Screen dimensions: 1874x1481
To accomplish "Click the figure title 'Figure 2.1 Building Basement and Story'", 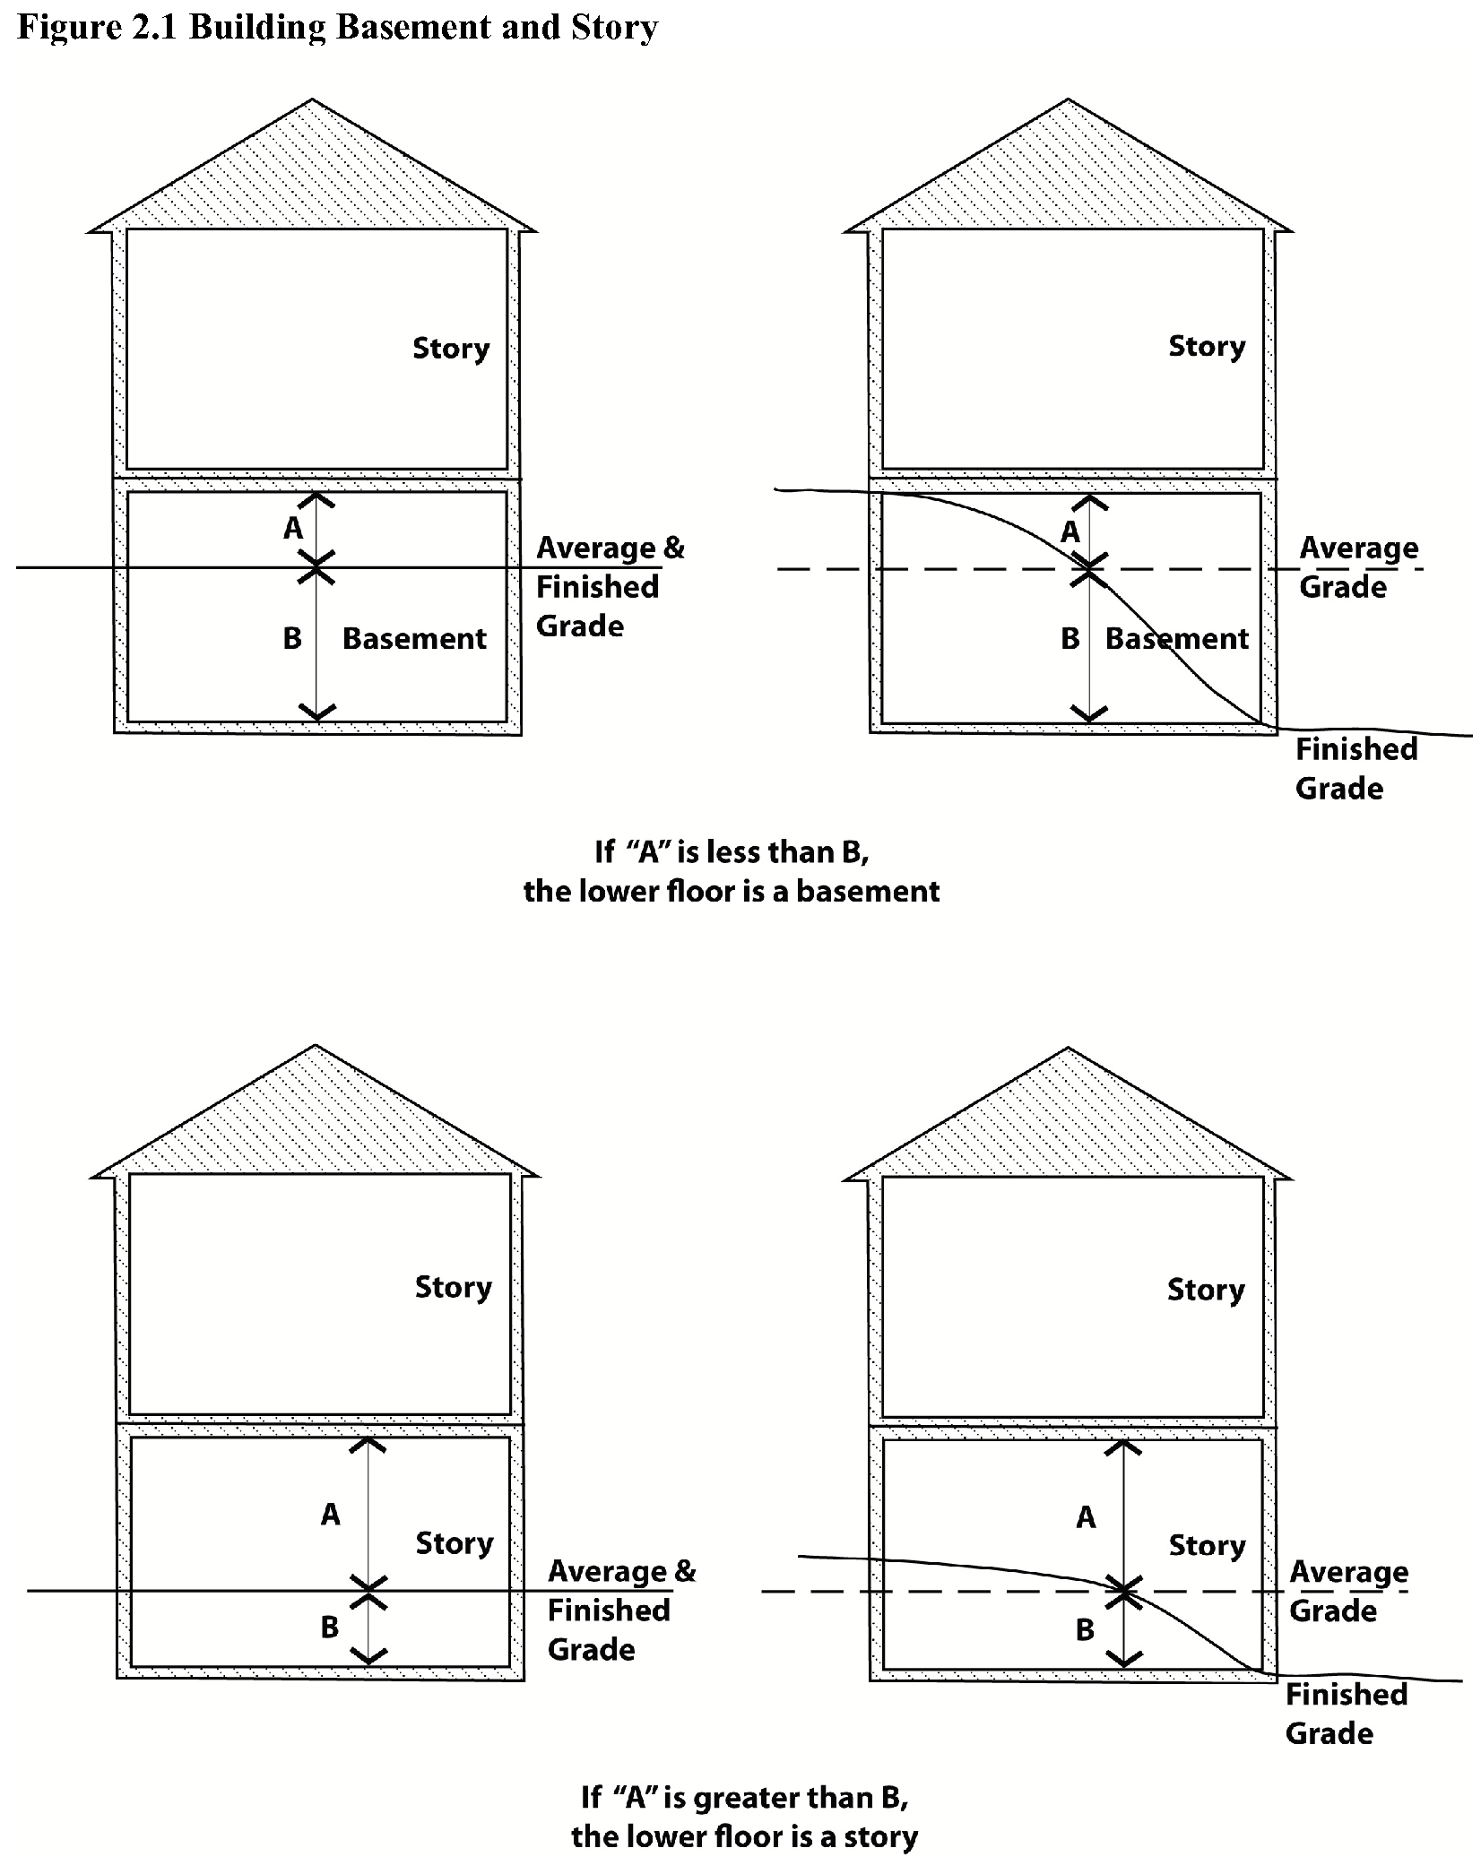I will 337,27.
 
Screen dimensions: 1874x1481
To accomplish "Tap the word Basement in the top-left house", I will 414,638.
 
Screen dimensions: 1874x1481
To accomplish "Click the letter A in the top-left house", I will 293,529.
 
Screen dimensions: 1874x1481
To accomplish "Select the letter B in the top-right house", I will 1070,638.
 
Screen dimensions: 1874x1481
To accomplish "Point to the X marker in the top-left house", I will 316,567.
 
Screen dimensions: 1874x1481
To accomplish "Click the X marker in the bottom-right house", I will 1123,1592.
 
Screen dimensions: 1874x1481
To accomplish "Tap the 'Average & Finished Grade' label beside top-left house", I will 610,586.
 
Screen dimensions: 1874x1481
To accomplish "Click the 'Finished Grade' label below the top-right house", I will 1355,768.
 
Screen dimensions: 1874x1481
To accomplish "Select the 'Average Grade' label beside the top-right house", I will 1357,566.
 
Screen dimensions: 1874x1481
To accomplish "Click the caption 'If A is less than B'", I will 732,851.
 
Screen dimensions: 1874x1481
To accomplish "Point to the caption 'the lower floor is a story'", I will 744,1836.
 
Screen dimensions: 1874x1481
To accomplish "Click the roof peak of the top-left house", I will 313,101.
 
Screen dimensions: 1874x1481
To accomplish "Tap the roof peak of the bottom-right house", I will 1068,1049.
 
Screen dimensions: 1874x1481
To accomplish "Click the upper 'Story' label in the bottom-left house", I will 453,1287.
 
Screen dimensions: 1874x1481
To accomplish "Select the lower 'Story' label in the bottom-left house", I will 454,1543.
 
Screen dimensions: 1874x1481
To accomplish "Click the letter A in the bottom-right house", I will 1086,1517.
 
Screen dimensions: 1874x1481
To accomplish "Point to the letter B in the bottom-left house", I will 330,1627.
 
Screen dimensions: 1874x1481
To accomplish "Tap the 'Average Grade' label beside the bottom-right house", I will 1347,1591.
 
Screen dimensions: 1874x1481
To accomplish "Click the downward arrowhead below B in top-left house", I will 316,712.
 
